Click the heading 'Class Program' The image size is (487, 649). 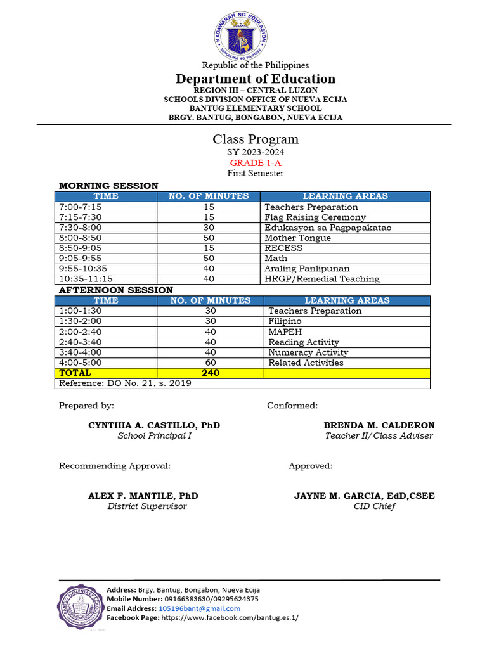(x=256, y=139)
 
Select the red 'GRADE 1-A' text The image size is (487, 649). (x=256, y=163)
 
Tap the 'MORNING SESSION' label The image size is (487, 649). (x=108, y=186)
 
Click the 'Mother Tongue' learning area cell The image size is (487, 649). (x=297, y=238)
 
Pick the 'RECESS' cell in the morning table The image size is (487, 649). (x=283, y=248)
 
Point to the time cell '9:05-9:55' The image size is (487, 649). (x=80, y=258)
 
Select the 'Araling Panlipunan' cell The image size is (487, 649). (x=307, y=269)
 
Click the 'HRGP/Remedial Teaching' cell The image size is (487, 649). (x=322, y=279)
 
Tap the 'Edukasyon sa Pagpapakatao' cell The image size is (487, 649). (x=328, y=228)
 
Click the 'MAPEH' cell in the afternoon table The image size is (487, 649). (x=285, y=331)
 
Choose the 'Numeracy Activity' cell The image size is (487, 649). (x=308, y=352)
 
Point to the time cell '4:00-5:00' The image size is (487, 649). (x=80, y=363)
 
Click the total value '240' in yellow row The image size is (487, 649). (x=211, y=373)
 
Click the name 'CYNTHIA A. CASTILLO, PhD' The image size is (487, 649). (x=154, y=425)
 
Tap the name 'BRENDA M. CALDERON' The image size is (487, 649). (x=379, y=425)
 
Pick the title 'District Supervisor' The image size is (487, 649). (x=147, y=506)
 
